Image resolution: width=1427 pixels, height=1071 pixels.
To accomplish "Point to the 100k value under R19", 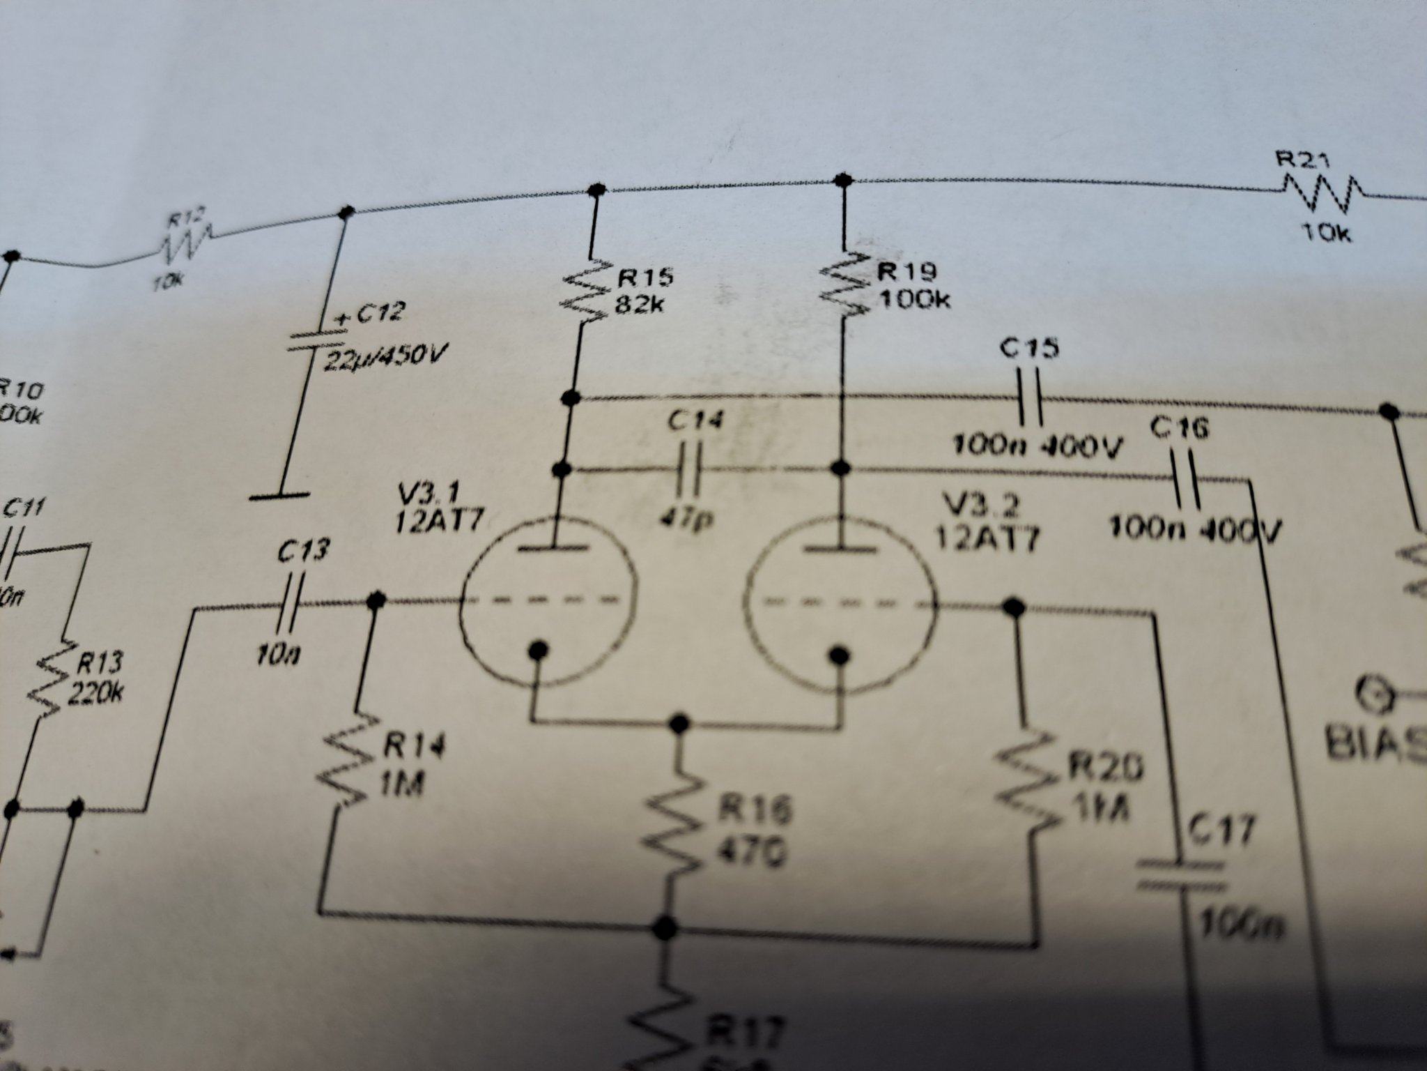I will (x=915, y=301).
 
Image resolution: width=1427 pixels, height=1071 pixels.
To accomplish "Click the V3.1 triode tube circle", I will (x=548, y=600).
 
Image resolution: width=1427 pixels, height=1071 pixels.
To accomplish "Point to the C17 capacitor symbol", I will (x=1180, y=876).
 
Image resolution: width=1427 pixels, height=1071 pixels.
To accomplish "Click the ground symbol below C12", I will (x=279, y=496).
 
